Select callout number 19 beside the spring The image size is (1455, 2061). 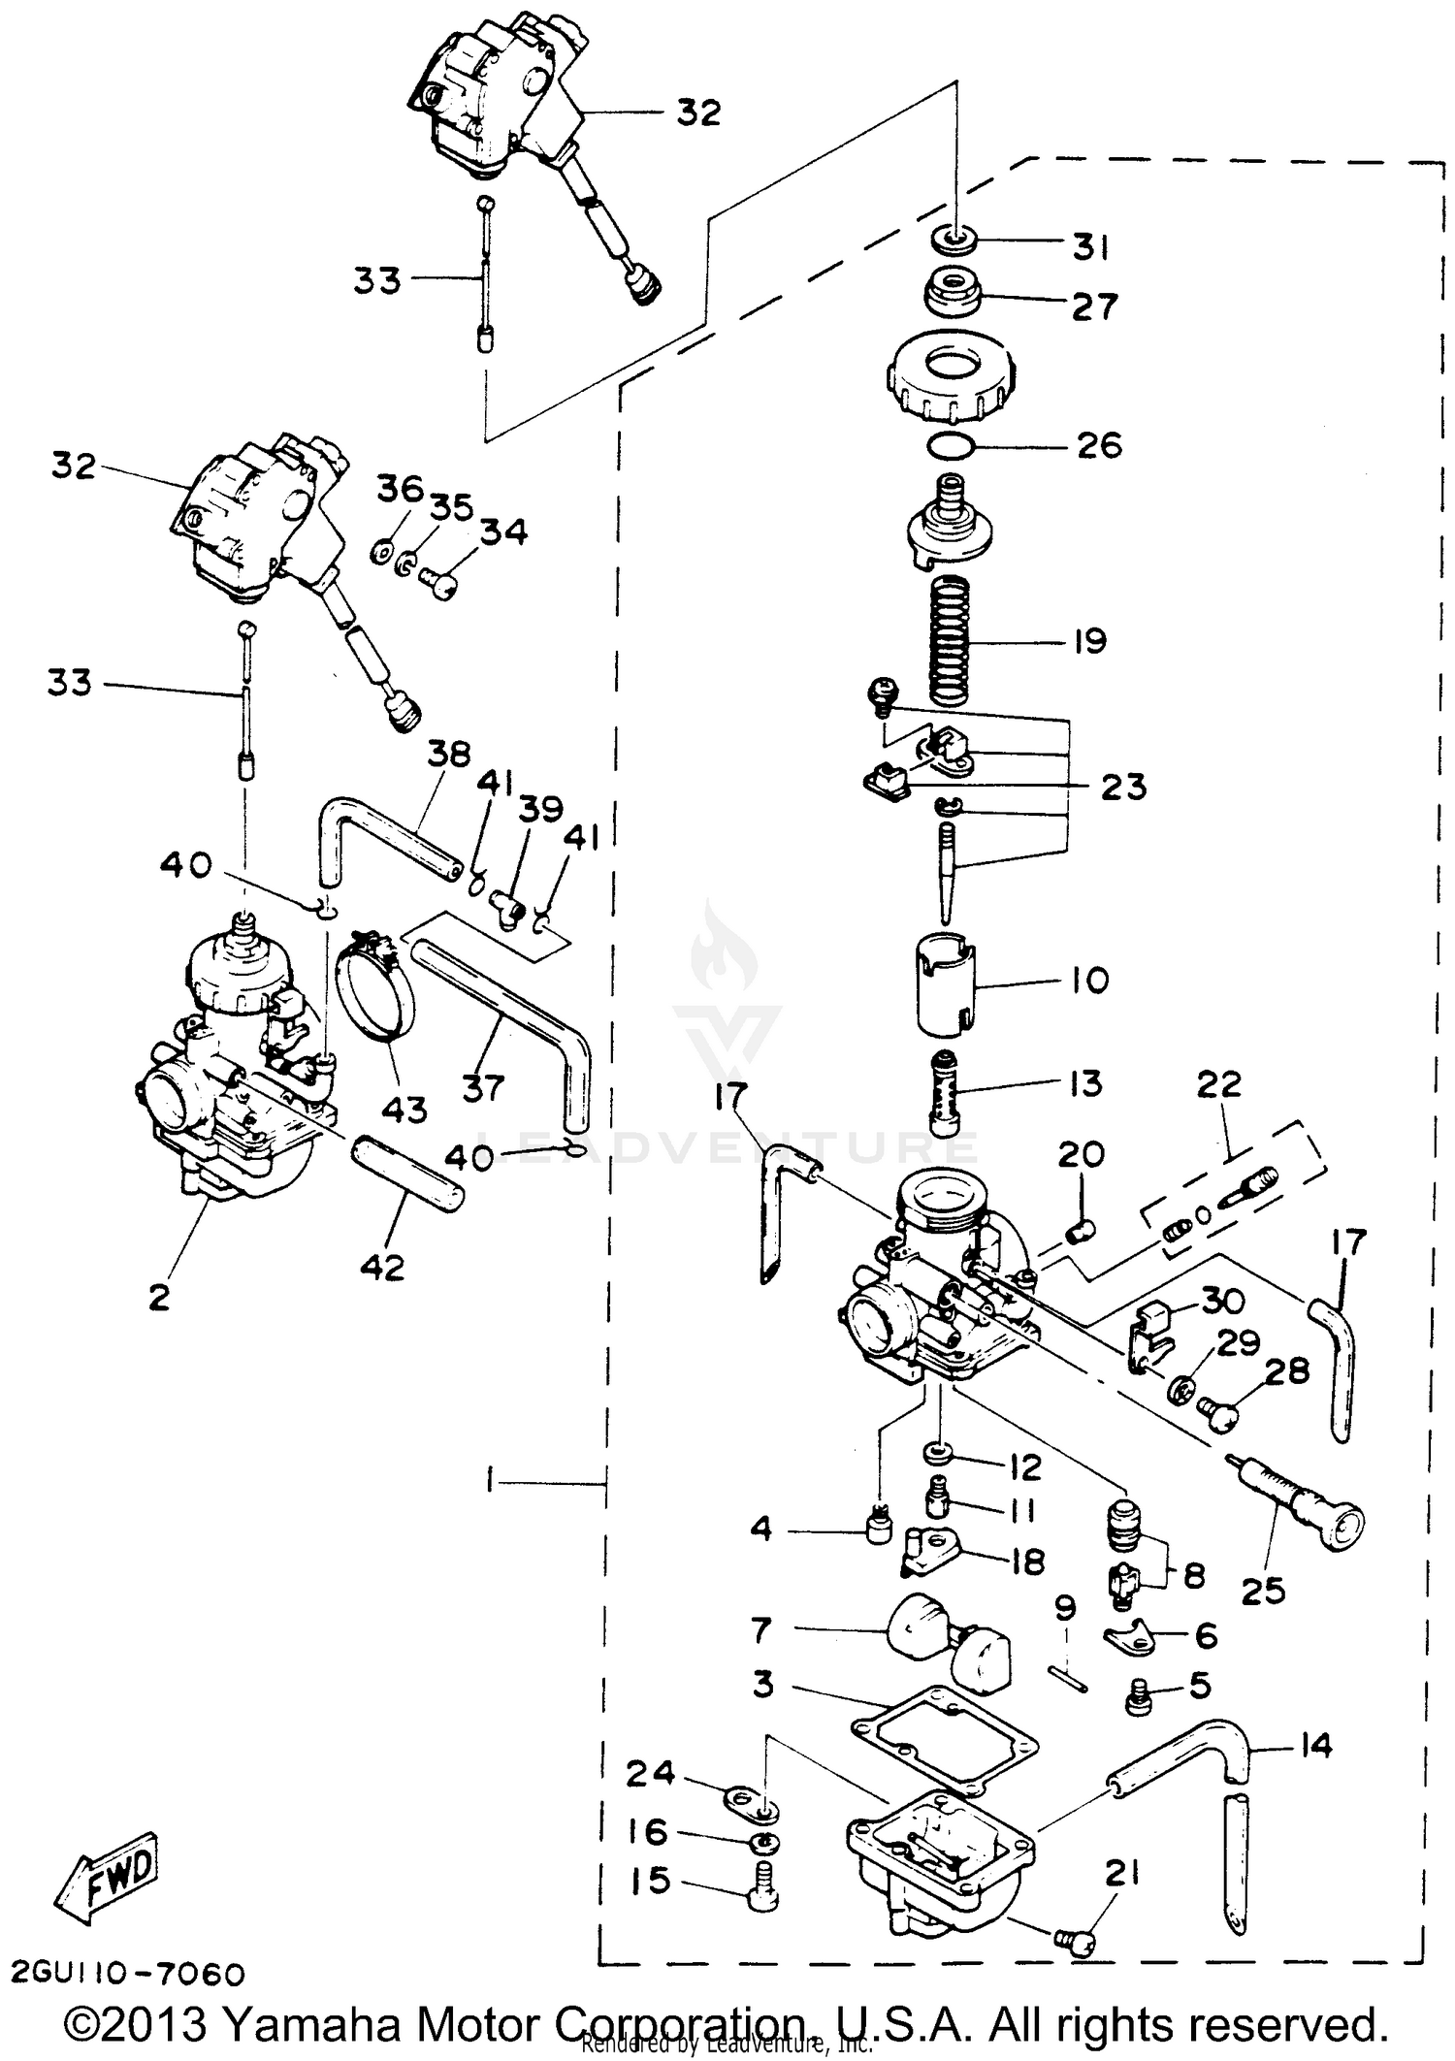(x=1089, y=641)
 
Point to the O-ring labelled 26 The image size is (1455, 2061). (x=952, y=447)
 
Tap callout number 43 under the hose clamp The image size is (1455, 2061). (x=404, y=1110)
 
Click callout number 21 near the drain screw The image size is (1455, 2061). (x=1122, y=1875)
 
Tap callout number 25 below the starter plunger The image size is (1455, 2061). (x=1262, y=1591)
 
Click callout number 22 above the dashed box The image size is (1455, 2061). (x=1218, y=1083)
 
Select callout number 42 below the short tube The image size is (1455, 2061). (x=382, y=1267)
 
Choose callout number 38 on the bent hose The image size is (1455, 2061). (x=448, y=754)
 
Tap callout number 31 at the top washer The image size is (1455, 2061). (x=1090, y=247)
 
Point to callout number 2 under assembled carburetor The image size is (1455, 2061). (x=159, y=1297)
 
